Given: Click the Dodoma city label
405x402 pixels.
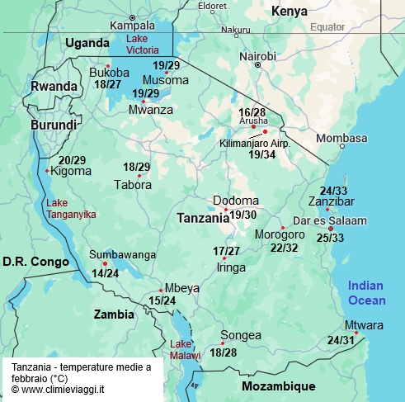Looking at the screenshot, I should (x=235, y=201).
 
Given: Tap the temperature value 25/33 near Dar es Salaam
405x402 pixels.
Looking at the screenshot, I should (x=330, y=238).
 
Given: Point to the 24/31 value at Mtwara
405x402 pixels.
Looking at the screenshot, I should (x=341, y=339).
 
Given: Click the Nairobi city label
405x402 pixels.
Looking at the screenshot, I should (x=257, y=56).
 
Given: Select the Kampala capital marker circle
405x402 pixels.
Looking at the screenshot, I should (x=133, y=17).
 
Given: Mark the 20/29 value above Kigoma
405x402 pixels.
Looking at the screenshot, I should (x=72, y=160).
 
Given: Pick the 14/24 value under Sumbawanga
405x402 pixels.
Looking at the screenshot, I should (x=105, y=273).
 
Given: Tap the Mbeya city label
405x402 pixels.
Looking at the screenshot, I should (x=181, y=288).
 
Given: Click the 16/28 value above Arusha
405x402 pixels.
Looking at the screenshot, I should (x=252, y=111).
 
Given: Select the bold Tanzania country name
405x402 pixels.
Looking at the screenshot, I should (x=203, y=219).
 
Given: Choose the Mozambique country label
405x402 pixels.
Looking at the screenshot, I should (x=278, y=386).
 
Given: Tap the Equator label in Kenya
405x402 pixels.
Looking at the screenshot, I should (x=327, y=27).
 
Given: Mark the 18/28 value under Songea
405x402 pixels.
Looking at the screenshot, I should (x=224, y=352).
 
